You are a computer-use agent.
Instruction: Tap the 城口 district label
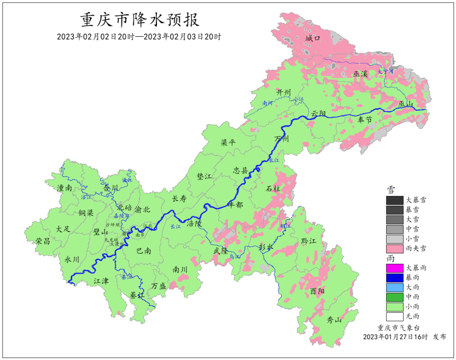coord(313,38)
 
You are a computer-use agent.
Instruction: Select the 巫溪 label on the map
coord(360,74)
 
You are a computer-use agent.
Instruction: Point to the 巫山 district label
coord(407,104)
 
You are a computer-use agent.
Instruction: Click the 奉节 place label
coord(365,120)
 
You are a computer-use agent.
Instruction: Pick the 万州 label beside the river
coord(281,139)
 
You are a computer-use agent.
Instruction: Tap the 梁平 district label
coord(228,142)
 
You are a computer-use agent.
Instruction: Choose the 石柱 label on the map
coord(273,188)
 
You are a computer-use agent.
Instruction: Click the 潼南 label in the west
coord(63,188)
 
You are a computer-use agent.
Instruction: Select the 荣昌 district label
coord(43,241)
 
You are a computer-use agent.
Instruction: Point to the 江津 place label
coord(101,280)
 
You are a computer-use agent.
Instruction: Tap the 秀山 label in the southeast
coord(334,320)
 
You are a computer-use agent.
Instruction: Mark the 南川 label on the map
coord(179,269)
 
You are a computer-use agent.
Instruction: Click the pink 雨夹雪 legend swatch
coord(394,248)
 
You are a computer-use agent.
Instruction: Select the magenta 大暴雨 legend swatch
coord(394,267)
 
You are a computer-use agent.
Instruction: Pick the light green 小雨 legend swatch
coord(394,306)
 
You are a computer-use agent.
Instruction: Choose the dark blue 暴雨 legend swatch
coord(394,277)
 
